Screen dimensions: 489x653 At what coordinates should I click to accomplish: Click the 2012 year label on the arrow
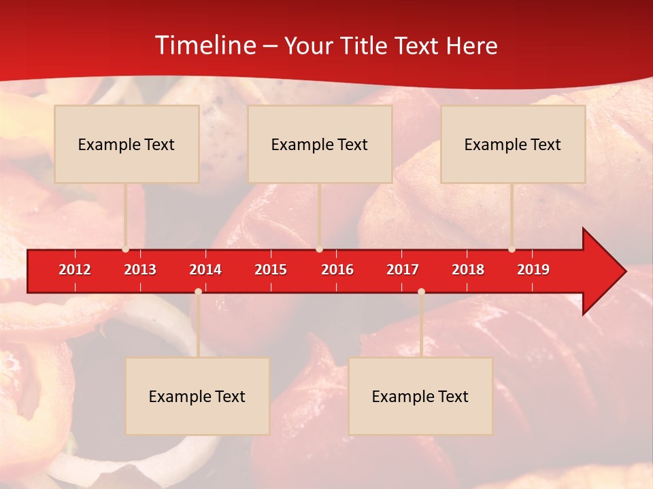(x=75, y=270)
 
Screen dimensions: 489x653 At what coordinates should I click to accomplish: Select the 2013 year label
(x=140, y=270)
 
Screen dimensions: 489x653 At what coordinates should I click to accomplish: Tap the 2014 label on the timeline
(x=205, y=270)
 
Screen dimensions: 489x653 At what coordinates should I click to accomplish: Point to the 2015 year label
(x=271, y=270)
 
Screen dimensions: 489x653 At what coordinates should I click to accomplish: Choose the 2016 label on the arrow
(x=337, y=270)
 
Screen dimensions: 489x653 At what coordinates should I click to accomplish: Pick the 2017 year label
(x=403, y=270)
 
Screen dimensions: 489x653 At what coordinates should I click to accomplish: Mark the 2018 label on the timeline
(x=468, y=270)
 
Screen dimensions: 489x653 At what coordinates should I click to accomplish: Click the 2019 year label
(x=533, y=270)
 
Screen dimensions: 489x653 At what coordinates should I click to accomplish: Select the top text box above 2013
(x=127, y=144)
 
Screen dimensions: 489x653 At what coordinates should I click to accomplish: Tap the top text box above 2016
(x=320, y=144)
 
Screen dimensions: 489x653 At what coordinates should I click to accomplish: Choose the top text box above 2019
(x=513, y=144)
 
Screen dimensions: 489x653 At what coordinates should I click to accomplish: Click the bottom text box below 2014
(x=197, y=396)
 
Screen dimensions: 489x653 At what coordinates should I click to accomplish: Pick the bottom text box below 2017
(x=420, y=396)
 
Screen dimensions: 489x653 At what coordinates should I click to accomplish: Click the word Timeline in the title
(x=204, y=46)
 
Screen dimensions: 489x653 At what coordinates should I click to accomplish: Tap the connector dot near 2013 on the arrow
(x=126, y=249)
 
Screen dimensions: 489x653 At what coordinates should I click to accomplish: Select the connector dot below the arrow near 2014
(x=198, y=291)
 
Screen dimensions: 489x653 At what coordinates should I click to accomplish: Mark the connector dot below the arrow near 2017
(x=421, y=291)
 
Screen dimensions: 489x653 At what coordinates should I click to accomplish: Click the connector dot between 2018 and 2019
(x=512, y=249)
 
